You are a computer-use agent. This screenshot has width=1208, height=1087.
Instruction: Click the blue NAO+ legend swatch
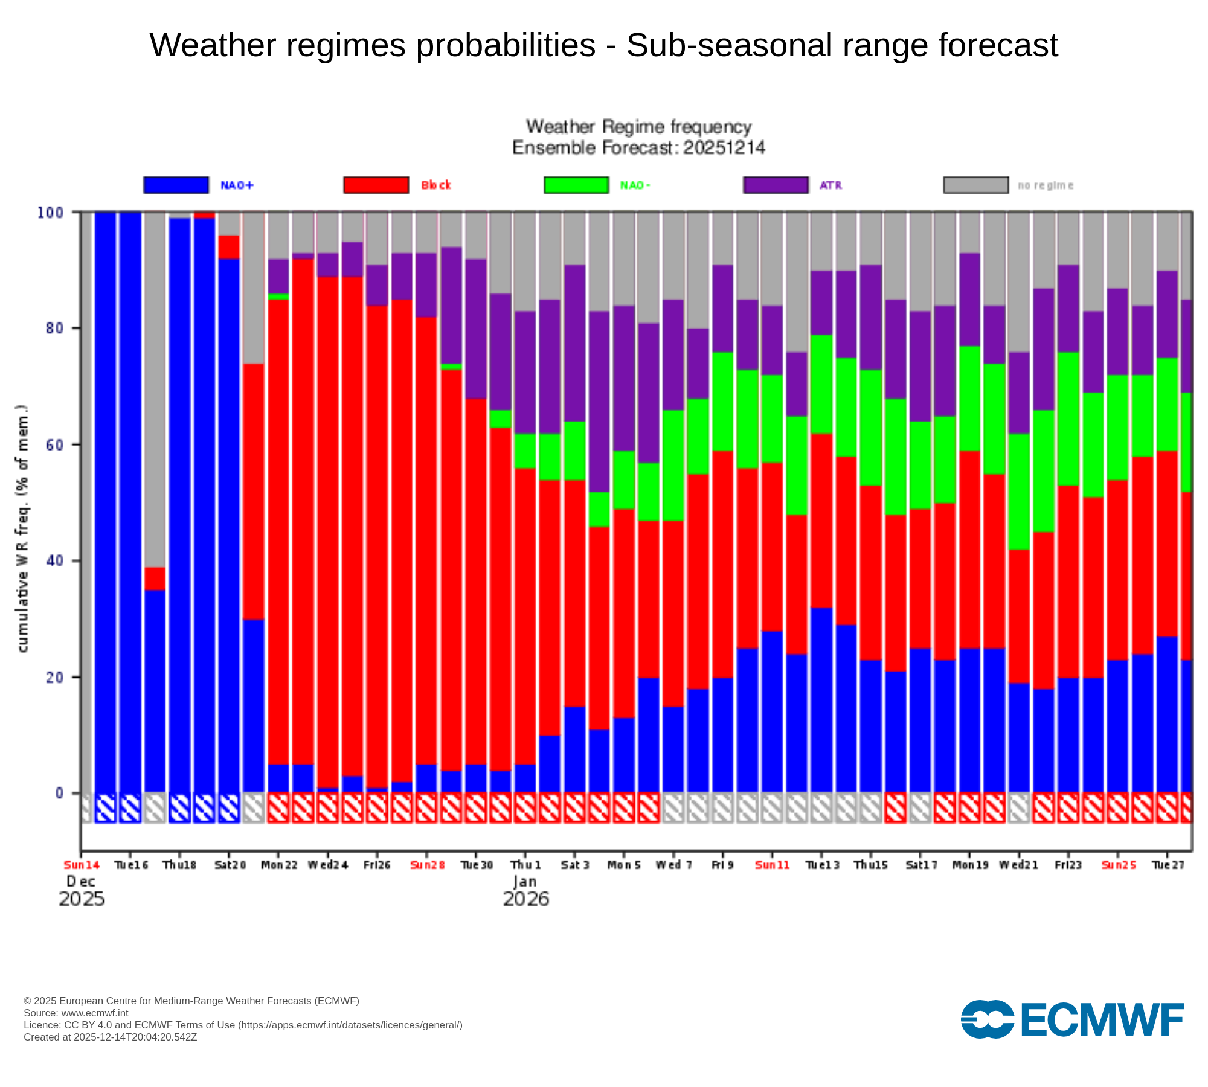pos(176,185)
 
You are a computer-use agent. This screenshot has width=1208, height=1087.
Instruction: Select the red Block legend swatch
pos(376,185)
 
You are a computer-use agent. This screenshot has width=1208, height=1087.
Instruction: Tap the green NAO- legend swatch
pos(576,185)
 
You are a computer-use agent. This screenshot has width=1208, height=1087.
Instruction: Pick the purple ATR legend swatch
pos(776,185)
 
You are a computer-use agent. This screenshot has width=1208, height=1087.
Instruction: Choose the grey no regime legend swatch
pos(975,185)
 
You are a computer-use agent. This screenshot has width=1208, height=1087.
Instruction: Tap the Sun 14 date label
pos(82,865)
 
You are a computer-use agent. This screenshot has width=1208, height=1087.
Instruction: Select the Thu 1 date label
pos(525,865)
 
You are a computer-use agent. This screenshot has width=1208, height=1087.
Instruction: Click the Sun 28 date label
pos(427,865)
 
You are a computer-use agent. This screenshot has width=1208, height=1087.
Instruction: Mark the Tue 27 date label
pos(1168,865)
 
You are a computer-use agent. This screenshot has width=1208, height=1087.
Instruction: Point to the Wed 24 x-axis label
pos(328,865)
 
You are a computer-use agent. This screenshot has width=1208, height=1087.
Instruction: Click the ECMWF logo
pos(1072,1019)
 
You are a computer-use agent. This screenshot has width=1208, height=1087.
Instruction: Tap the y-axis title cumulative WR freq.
pos(23,528)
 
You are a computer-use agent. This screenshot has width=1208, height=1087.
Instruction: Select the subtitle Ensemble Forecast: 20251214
pos(638,147)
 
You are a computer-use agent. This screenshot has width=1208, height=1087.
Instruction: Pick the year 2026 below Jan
pos(525,899)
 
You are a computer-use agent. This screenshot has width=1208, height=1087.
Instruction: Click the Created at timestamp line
pos(111,1037)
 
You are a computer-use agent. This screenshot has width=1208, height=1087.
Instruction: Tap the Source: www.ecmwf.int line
pos(76,1013)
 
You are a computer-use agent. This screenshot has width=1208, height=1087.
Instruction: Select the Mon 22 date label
pos(279,865)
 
